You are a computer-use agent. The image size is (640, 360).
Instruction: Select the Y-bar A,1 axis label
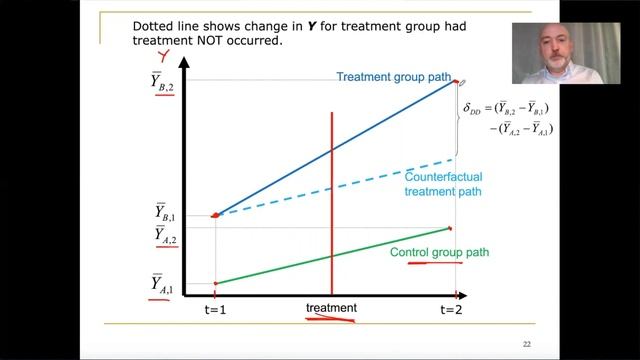pyautogui.click(x=163, y=286)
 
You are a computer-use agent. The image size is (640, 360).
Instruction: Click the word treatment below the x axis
pyautogui.click(x=331, y=308)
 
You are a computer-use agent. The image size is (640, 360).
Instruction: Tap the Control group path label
pyautogui.click(x=439, y=253)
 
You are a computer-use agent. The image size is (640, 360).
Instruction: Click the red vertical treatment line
pyautogui.click(x=331, y=200)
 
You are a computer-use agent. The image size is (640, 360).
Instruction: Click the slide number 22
pyautogui.click(x=526, y=344)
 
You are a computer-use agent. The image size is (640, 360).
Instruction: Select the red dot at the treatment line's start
pyautogui.click(x=215, y=214)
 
